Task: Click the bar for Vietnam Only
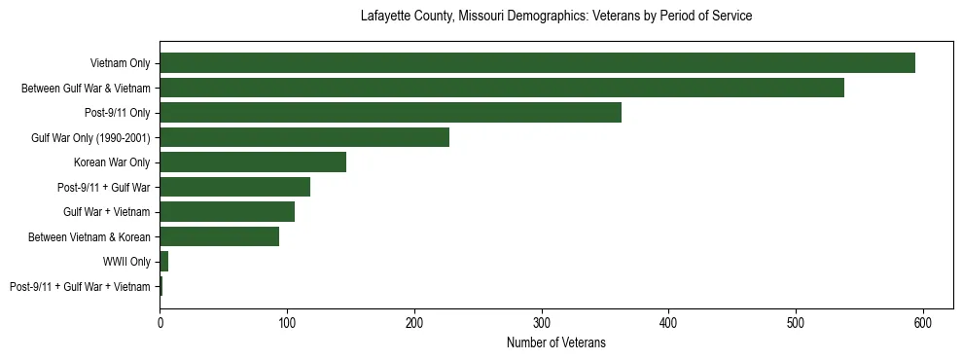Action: pos(537,63)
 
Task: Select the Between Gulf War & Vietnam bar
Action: pos(502,89)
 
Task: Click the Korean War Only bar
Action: pos(253,162)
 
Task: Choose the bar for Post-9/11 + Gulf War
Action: pos(234,187)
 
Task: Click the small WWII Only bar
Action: pos(163,262)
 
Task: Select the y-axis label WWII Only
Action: pos(126,262)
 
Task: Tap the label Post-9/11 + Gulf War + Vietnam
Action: pos(80,286)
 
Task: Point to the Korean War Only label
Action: pos(112,162)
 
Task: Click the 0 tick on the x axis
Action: pos(160,322)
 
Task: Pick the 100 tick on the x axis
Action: pos(287,322)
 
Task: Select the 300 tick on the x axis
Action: pos(542,322)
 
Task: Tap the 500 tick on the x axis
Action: pos(796,322)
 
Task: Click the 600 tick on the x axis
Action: pos(923,322)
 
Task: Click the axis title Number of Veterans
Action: pos(555,342)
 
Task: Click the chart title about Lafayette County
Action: pos(555,17)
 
